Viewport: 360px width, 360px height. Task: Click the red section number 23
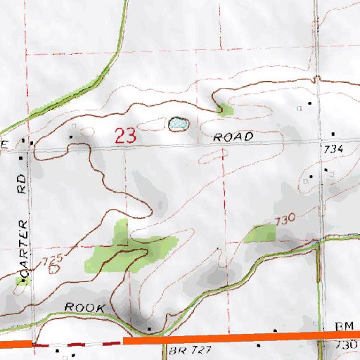pyautogui.click(x=126, y=136)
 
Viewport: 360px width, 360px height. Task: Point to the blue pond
pyautogui.click(x=177, y=124)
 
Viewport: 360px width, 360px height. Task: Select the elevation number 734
pyautogui.click(x=333, y=150)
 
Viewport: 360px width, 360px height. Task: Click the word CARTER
pyautogui.click(x=24, y=247)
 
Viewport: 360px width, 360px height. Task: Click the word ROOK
pyautogui.click(x=84, y=308)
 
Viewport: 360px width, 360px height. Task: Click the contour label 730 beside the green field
pyautogui.click(x=285, y=220)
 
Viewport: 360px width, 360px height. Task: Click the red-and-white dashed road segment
pyautogui.click(x=77, y=343)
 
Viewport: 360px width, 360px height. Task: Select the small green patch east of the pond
pyautogui.click(x=225, y=109)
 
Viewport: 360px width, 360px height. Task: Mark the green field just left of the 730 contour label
pyautogui.click(x=260, y=233)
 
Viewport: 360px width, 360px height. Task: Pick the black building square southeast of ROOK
pyautogui.click(x=149, y=328)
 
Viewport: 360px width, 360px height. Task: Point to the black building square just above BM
pyautogui.click(x=275, y=330)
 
